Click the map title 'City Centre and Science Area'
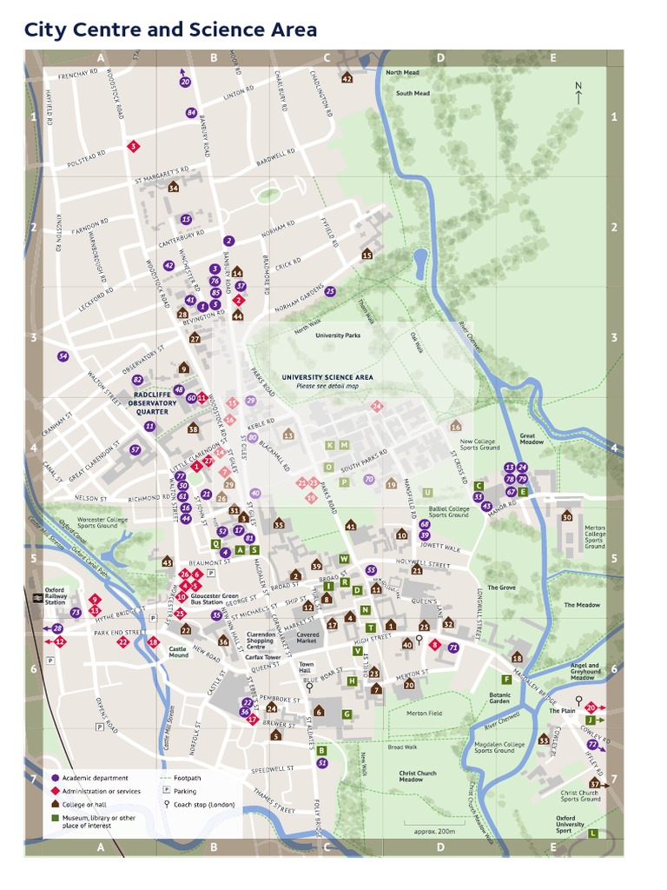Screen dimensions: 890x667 [170, 30]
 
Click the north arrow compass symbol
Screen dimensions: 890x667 [578, 92]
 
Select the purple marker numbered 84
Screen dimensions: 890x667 [191, 113]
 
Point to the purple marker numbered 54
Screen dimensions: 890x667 [63, 356]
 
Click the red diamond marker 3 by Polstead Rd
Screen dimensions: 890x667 [133, 146]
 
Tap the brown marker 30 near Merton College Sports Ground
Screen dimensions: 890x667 [567, 516]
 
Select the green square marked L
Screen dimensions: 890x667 [593, 833]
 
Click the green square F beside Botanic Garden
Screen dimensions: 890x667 [506, 679]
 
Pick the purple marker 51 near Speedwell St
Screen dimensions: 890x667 [322, 762]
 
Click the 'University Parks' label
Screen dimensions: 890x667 [337, 335]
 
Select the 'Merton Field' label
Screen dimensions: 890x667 [424, 713]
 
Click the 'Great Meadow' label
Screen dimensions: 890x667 [531, 439]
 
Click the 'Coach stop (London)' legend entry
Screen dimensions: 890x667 [202, 804]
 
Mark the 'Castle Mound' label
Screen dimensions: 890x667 [178, 650]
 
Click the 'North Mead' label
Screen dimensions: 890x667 [402, 73]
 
